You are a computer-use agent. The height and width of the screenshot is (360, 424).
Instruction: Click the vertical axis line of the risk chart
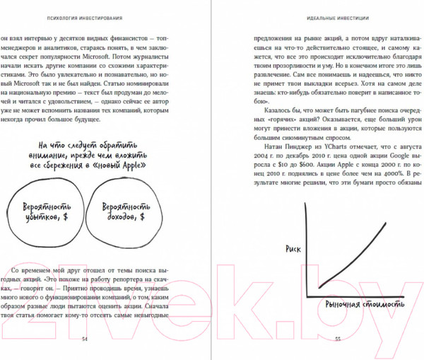point(303,248)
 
